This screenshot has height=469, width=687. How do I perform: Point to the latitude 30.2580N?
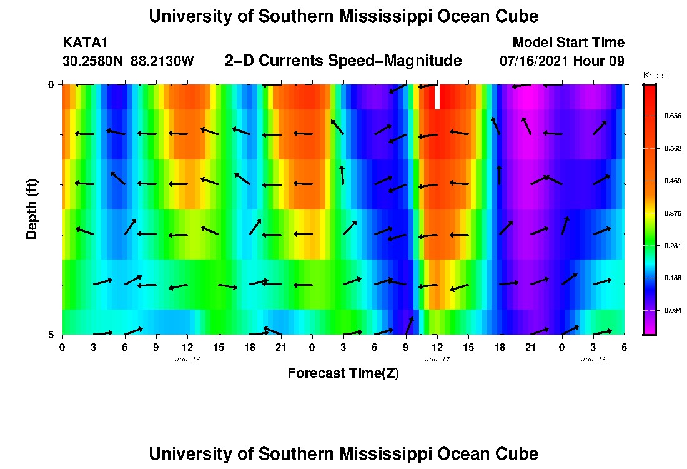[x=93, y=61]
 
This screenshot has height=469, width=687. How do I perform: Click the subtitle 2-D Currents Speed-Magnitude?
[x=343, y=61]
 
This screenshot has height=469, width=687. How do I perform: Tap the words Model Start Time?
[x=568, y=43]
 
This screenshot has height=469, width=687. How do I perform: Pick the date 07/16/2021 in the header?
[x=534, y=61]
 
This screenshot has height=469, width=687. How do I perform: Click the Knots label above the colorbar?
[x=655, y=76]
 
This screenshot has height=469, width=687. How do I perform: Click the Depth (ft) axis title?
[x=32, y=209]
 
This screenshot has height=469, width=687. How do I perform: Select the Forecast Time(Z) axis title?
[x=343, y=373]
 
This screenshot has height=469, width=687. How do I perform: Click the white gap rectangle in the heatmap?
[x=437, y=97]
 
